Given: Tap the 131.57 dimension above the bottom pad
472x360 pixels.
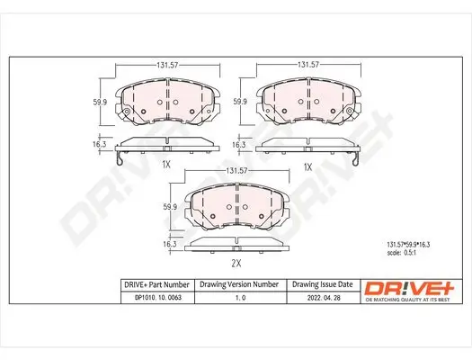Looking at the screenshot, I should click(236, 170).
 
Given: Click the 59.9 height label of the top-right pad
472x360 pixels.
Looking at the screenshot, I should click(240, 102).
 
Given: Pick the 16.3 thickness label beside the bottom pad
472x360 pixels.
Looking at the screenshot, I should click(169, 243).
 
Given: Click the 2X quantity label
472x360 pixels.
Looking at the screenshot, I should click(236, 265).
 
